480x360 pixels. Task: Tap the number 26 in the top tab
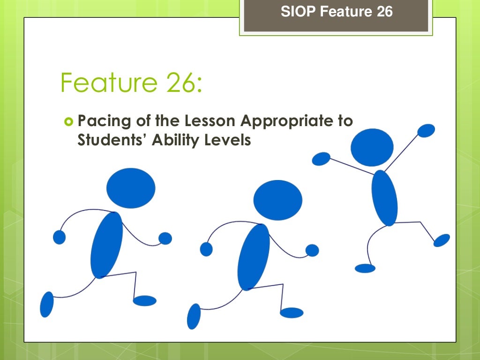click(384, 12)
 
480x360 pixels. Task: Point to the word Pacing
click(100, 121)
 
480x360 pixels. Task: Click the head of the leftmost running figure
click(131, 188)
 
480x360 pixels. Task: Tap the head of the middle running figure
click(277, 199)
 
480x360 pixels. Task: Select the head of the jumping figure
click(372, 147)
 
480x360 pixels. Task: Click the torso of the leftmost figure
click(106, 245)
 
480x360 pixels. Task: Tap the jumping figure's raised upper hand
click(426, 130)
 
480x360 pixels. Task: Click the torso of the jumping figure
click(384, 198)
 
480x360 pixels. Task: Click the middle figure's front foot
click(291, 313)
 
